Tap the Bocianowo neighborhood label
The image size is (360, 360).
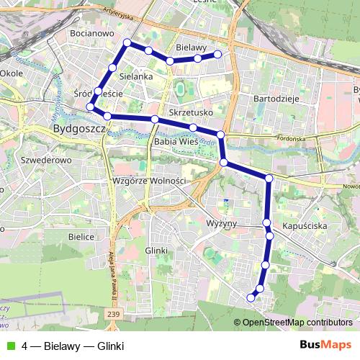pos(92,33)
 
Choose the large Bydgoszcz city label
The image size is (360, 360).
pos(80,130)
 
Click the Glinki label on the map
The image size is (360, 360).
pos(156,250)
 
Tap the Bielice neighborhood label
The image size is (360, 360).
pos(81,236)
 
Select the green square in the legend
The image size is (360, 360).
pos(10,345)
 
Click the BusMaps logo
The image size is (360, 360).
pos(325,345)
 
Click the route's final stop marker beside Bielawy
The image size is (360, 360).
pos(217,53)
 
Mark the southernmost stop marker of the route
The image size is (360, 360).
pos(251,297)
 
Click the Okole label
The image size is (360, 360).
pos(12,73)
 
